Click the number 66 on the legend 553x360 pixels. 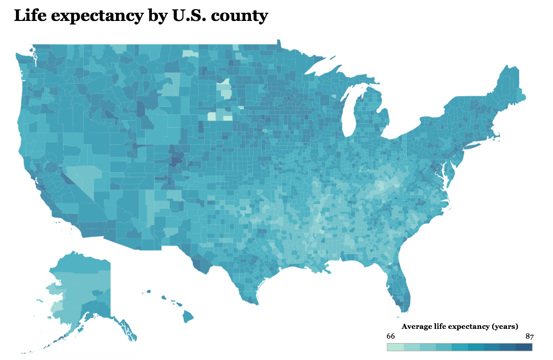[x=391, y=337]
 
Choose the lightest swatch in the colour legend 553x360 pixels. [x=395, y=347]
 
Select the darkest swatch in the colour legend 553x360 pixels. [x=524, y=347]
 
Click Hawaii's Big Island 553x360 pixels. [x=188, y=317]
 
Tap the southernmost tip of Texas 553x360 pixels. [x=254, y=302]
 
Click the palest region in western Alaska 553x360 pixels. [x=55, y=308]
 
